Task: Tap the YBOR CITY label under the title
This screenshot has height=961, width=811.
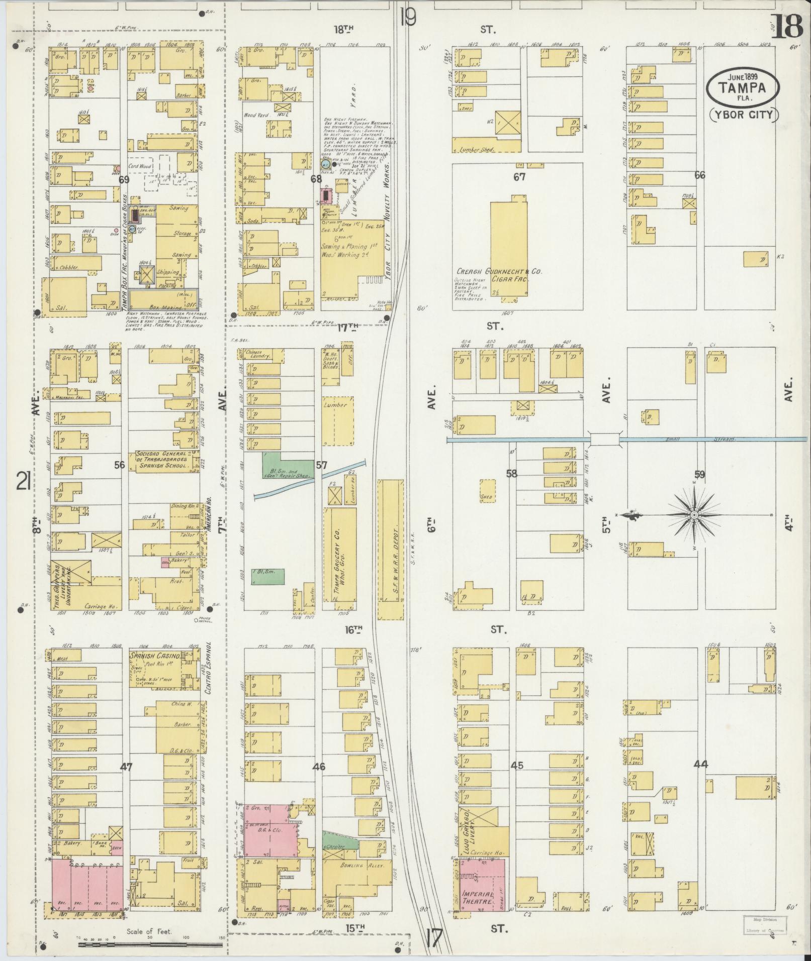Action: tap(744, 116)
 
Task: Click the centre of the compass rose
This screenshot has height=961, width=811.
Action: tap(694, 515)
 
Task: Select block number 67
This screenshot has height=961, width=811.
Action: tap(519, 177)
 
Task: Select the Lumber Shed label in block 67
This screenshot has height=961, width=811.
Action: tap(474, 150)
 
